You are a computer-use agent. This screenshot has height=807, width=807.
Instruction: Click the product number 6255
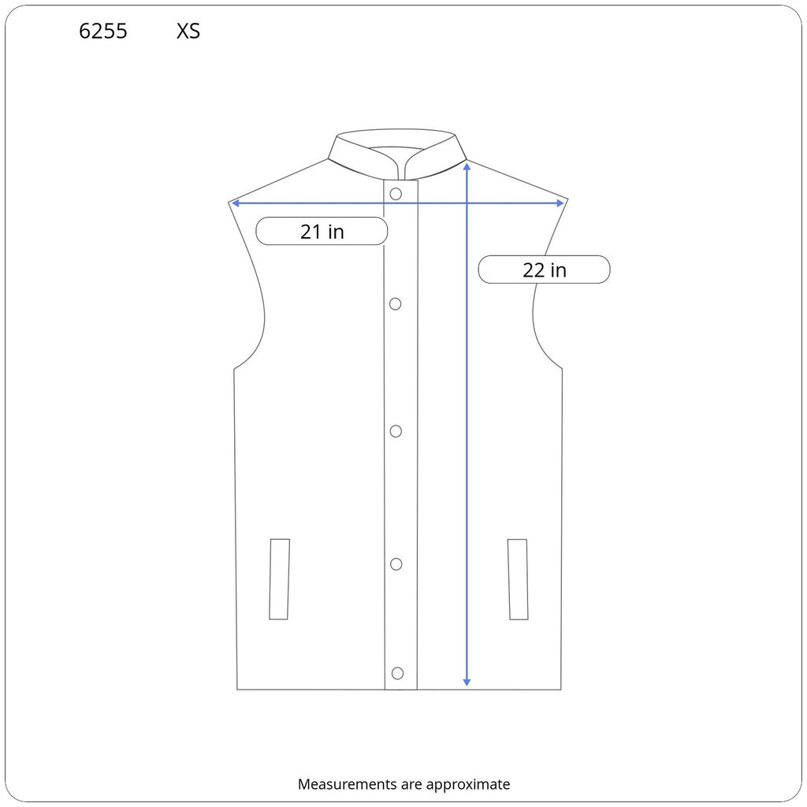coord(103,32)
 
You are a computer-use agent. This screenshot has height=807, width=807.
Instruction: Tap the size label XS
coord(188,32)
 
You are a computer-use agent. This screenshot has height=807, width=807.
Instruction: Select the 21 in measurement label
coord(322,232)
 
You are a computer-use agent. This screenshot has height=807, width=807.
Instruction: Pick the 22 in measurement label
coord(544,270)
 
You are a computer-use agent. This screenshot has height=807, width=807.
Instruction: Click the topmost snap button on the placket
coord(396,194)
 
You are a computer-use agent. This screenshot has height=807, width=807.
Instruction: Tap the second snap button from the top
coord(396,304)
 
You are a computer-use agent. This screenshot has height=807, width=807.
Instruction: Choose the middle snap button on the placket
coord(396,431)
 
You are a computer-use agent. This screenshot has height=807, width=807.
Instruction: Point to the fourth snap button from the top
coord(396,564)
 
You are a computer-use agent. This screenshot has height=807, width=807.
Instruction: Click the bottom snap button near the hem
coord(397,673)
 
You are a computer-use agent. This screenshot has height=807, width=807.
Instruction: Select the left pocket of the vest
coord(280,579)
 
